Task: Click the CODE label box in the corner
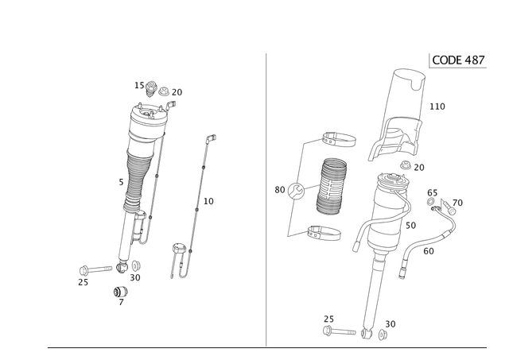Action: [458, 60]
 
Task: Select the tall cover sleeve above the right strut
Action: [406, 103]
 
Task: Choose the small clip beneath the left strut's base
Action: [120, 295]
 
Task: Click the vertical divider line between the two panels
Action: [265, 199]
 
